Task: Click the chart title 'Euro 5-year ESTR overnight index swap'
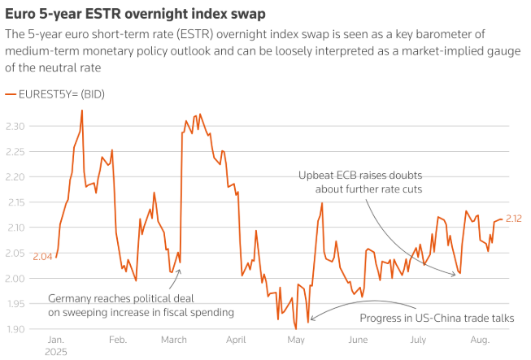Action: pos(134,14)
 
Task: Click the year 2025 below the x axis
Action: pos(56,353)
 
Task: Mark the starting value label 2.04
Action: pos(42,257)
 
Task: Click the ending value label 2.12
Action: pos(514,219)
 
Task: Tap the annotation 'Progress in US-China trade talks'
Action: pos(437,318)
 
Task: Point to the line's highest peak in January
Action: pos(81,110)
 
